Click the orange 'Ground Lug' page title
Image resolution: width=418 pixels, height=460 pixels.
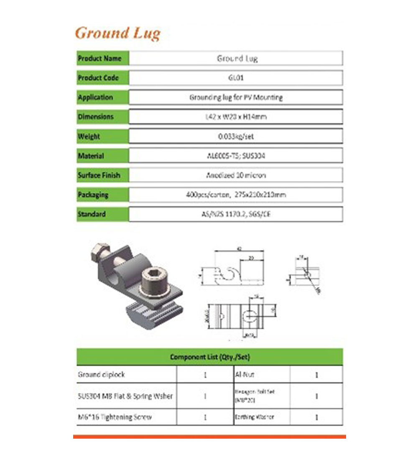117,33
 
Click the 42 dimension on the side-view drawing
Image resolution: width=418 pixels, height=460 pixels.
239,248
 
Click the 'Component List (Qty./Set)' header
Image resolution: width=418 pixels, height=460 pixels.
209,357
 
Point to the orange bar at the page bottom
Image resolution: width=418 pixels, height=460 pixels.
209,437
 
